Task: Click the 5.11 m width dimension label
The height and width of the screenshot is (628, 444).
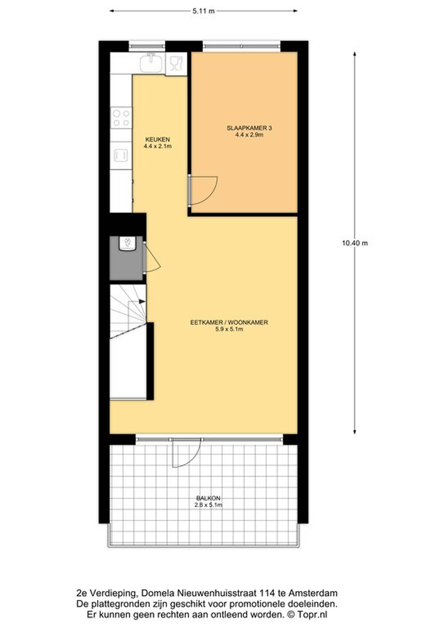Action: (203, 11)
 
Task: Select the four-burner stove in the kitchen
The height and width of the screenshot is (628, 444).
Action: (121, 118)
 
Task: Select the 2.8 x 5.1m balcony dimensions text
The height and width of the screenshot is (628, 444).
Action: (208, 505)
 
